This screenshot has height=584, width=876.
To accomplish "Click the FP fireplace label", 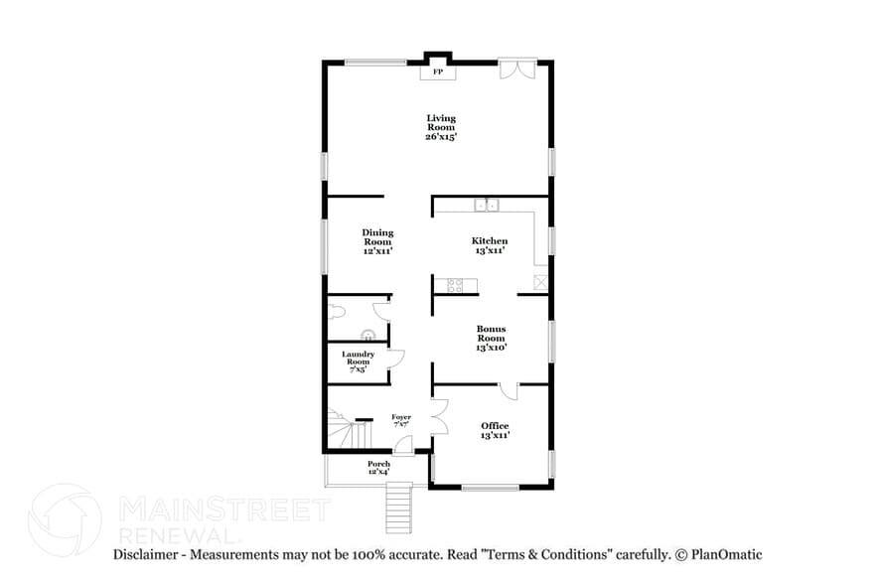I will [x=437, y=72].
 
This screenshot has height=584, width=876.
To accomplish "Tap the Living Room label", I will [x=441, y=127].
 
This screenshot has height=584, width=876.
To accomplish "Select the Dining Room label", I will [x=377, y=241].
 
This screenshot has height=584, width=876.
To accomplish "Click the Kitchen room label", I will [x=490, y=245].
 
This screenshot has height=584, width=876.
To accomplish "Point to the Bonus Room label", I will [x=491, y=338].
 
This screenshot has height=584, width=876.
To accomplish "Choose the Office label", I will [x=495, y=430].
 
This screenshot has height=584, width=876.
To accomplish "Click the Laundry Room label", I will [x=358, y=362].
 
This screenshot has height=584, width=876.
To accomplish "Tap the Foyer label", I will [x=401, y=420].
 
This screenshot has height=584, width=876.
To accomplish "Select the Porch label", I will [x=378, y=467].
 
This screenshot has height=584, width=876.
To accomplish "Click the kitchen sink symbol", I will [x=486, y=206].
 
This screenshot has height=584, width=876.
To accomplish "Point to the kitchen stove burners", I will [x=455, y=286].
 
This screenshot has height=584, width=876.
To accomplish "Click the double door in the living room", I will [x=516, y=69].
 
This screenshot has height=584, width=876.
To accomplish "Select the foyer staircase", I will [x=348, y=431].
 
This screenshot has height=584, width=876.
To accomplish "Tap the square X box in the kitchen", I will [x=540, y=282].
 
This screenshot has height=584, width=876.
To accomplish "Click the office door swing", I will [x=508, y=390].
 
